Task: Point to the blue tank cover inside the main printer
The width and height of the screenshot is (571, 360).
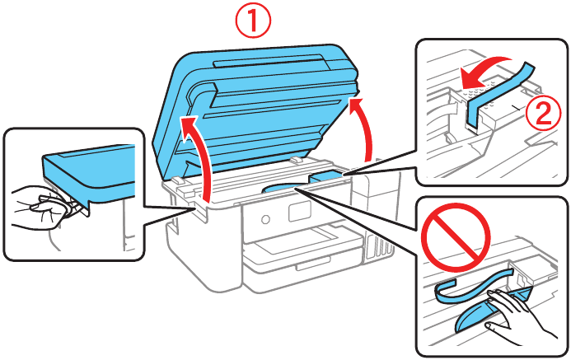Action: click(x=330, y=175)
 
